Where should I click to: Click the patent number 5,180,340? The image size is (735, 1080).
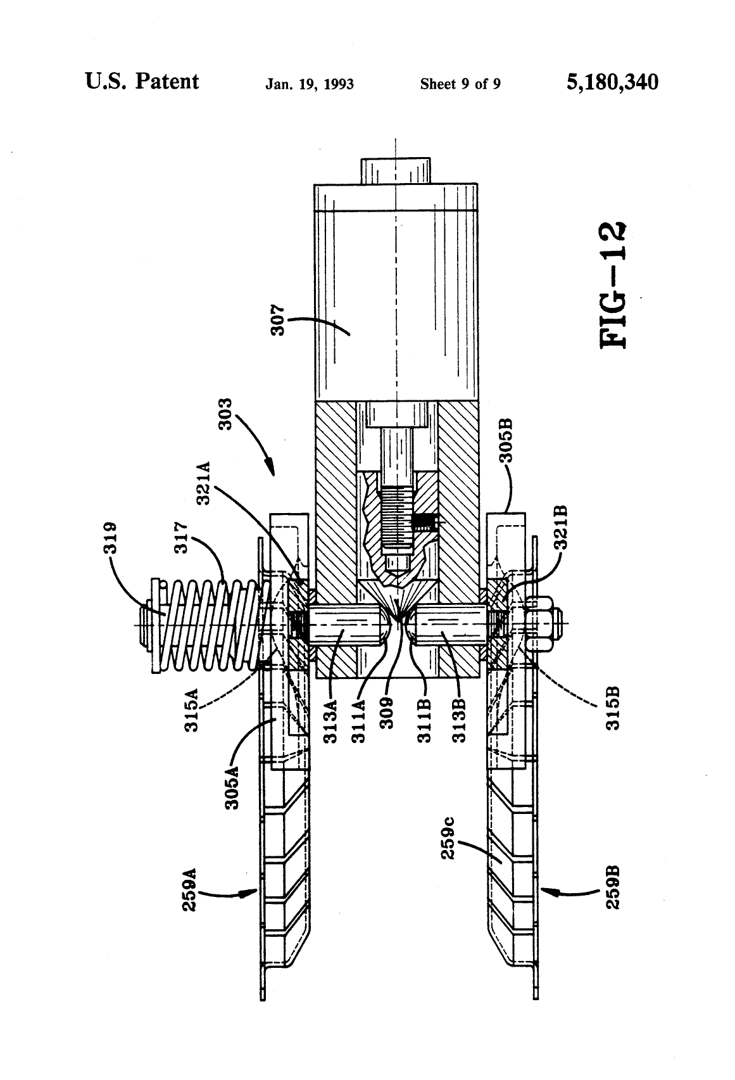tap(612, 82)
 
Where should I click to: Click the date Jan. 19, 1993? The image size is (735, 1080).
tap(310, 84)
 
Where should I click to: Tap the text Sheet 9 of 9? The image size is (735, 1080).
tap(460, 84)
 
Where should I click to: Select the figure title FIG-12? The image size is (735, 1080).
tap(613, 286)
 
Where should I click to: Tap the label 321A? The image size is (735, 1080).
tap(204, 483)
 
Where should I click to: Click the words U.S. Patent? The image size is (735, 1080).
tap(142, 82)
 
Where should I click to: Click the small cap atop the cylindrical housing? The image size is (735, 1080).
tap(396, 170)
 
